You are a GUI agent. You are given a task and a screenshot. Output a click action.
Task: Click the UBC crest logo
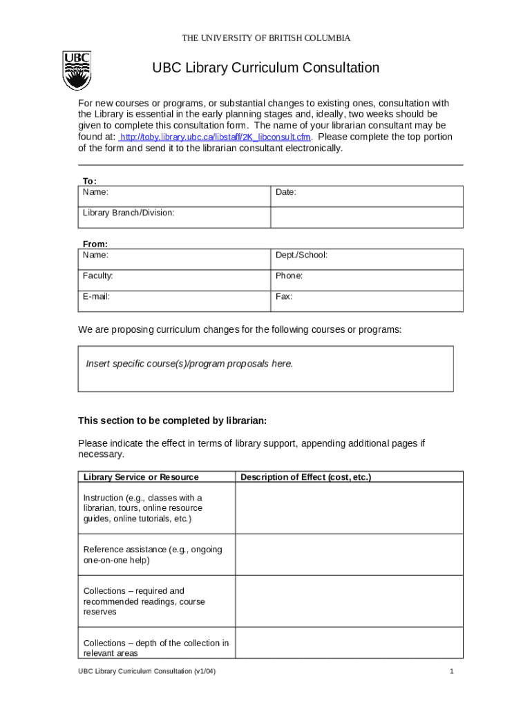pyautogui.click(x=77, y=71)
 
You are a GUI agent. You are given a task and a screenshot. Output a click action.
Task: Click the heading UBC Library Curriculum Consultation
pyautogui.click(x=266, y=68)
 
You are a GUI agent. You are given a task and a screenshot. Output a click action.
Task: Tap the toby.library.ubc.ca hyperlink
pyautogui.click(x=215, y=137)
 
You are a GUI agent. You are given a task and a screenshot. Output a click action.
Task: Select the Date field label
pyautogui.click(x=286, y=193)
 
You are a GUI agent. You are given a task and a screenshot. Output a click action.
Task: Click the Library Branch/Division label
pyautogui.click(x=129, y=213)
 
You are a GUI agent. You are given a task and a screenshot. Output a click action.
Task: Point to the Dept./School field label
pyautogui.click(x=301, y=255)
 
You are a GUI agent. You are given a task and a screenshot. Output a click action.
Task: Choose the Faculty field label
pyautogui.click(x=98, y=276)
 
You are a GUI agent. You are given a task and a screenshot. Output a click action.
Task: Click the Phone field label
pyautogui.click(x=289, y=276)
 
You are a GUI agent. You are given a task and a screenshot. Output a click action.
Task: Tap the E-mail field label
pyautogui.click(x=97, y=297)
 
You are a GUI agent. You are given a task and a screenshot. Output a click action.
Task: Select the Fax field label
pyautogui.click(x=284, y=297)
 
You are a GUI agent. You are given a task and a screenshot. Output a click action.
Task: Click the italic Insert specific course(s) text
pyautogui.click(x=189, y=364)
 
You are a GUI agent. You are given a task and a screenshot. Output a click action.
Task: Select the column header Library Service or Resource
pyautogui.click(x=141, y=477)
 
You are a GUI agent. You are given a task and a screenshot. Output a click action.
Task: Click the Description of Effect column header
pyautogui.click(x=306, y=477)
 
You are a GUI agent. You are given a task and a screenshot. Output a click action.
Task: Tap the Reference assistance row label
pyautogui.click(x=153, y=554)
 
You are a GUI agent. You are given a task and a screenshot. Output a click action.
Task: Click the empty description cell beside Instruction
pyautogui.click(x=349, y=508)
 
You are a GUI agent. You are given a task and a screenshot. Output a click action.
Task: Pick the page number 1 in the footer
pyautogui.click(x=451, y=672)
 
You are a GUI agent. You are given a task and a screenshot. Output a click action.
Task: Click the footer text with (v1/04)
pyautogui.click(x=147, y=672)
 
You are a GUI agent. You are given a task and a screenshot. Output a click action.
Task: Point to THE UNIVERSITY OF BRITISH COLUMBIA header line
pyautogui.click(x=266, y=38)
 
